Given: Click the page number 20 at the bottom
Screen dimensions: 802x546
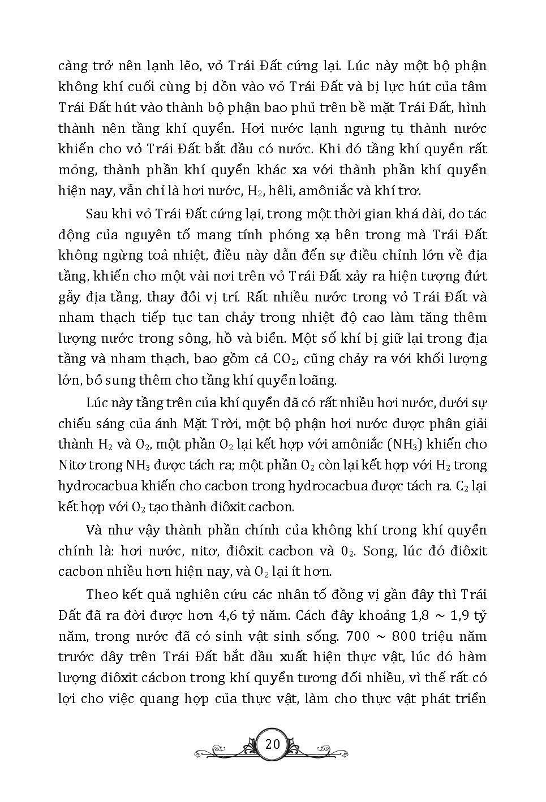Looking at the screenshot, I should pyautogui.click(x=272, y=744).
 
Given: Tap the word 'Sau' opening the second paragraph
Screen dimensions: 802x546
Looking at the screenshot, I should pyautogui.click(x=97, y=214).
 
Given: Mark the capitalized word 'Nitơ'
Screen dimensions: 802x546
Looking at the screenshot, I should pyautogui.click(x=74, y=465).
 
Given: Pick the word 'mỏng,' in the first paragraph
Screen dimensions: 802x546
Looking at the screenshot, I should pyautogui.click(x=76, y=170).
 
